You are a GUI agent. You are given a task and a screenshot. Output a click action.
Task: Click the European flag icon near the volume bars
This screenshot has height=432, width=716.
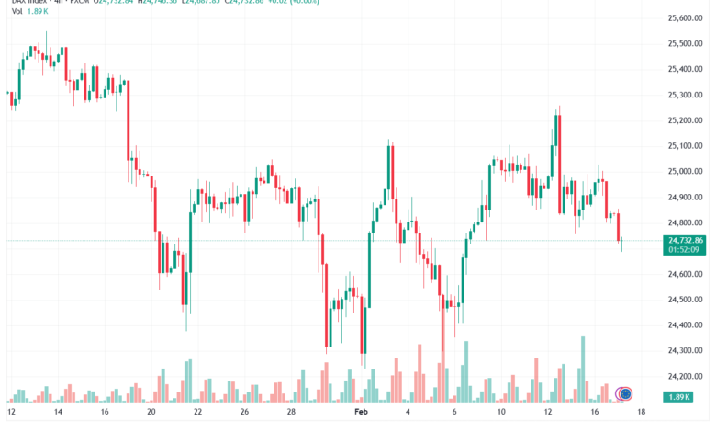[625, 394]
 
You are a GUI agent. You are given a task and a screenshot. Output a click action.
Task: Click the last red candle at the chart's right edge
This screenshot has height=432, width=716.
[620, 227]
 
